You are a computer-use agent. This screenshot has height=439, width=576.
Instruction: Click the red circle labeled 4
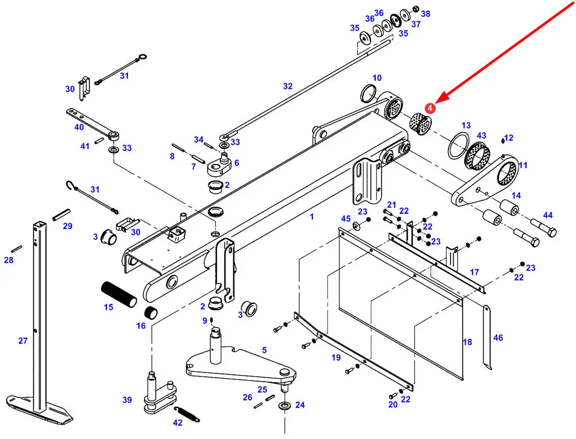click(430, 108)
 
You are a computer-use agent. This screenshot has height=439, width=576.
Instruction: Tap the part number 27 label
click(23, 341)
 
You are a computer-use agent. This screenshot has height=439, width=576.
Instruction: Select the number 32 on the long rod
click(288, 86)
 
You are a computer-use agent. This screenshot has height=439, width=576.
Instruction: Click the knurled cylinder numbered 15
click(119, 294)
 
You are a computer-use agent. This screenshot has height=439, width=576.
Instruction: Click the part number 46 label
click(498, 337)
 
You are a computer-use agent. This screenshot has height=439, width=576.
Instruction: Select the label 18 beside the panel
click(467, 342)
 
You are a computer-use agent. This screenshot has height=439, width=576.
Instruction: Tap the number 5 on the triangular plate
click(264, 350)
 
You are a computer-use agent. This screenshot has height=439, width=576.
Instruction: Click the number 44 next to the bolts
click(548, 215)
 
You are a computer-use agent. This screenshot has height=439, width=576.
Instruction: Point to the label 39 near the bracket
click(127, 400)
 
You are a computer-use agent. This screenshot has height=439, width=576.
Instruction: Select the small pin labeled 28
click(16, 248)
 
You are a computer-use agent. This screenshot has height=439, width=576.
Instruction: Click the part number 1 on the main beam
click(312, 216)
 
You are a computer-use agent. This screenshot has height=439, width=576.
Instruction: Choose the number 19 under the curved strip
click(336, 358)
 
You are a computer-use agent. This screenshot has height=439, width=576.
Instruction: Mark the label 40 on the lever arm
click(79, 127)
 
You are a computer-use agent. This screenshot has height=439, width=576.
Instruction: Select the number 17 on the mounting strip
click(474, 272)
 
